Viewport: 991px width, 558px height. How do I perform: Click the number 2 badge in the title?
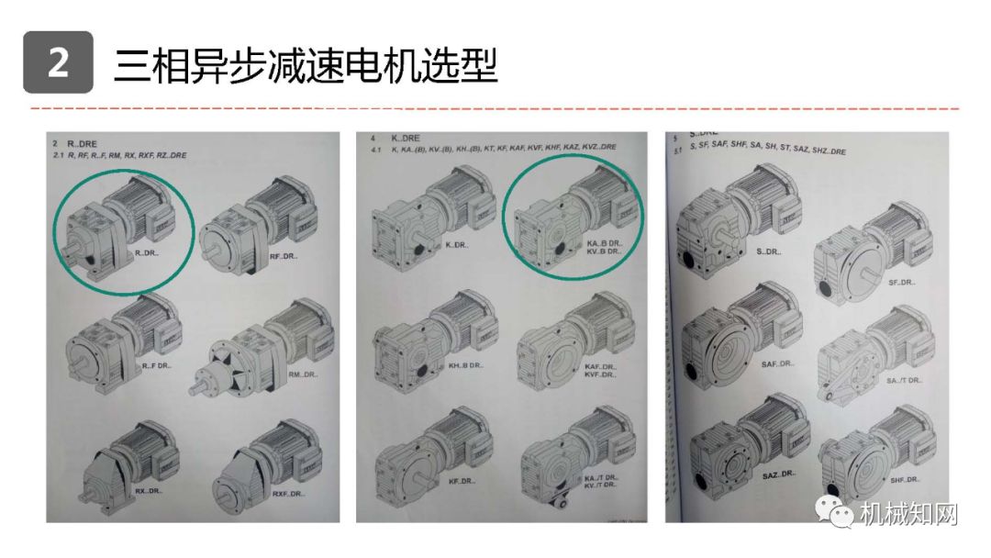[x=58, y=62]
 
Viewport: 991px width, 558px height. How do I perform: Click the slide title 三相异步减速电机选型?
[x=306, y=64]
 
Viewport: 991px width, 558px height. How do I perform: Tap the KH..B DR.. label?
[x=466, y=365]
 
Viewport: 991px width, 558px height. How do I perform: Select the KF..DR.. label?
[x=462, y=482]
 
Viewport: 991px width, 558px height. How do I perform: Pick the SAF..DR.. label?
[x=777, y=363]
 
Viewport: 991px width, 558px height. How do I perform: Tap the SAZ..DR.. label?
[x=778, y=474]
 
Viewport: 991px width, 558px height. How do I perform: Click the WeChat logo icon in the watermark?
[x=841, y=514]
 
